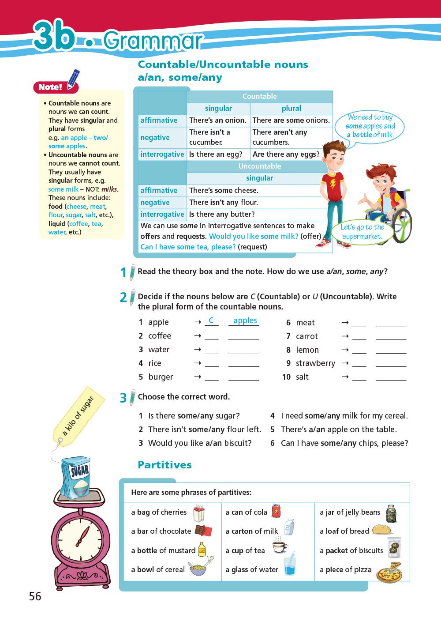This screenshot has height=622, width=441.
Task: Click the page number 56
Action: [x=35, y=596]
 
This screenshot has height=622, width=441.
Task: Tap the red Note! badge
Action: [x=49, y=87]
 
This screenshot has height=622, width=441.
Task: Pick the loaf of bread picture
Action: [x=382, y=530]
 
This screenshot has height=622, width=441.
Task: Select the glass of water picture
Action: [x=289, y=566]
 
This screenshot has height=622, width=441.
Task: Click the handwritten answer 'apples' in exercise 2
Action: [x=245, y=320]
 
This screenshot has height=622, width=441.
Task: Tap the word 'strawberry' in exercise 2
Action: [x=315, y=363]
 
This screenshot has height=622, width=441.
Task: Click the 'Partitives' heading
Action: [x=164, y=465]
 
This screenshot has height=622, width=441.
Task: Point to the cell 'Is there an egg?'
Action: [x=216, y=155]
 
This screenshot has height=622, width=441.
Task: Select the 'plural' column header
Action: [x=291, y=109]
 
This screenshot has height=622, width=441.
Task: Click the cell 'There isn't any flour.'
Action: [x=224, y=202]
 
